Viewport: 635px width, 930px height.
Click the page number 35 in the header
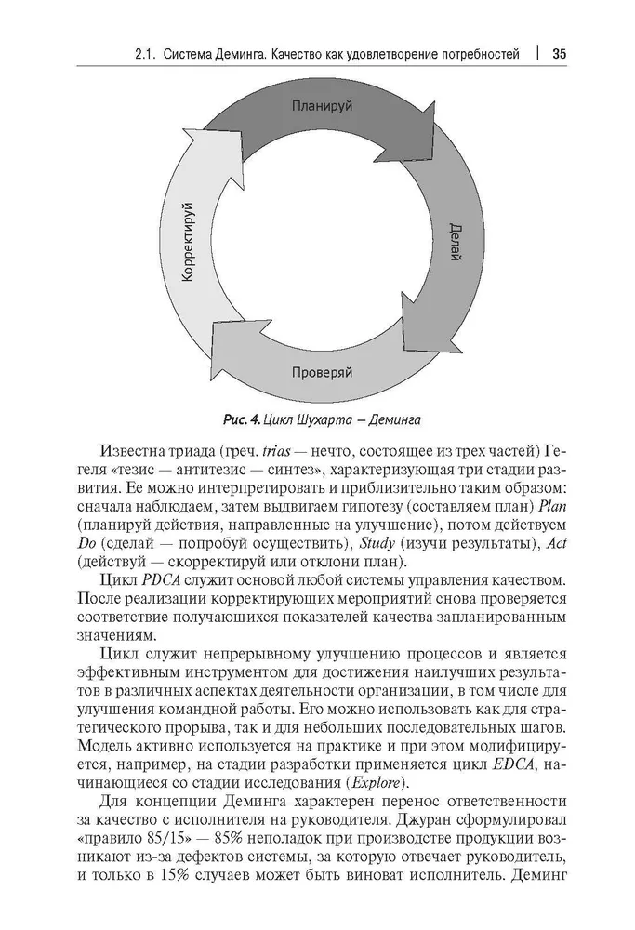(x=560, y=53)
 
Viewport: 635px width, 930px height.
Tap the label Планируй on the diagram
(x=322, y=106)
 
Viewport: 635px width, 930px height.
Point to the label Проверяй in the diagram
(x=322, y=373)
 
